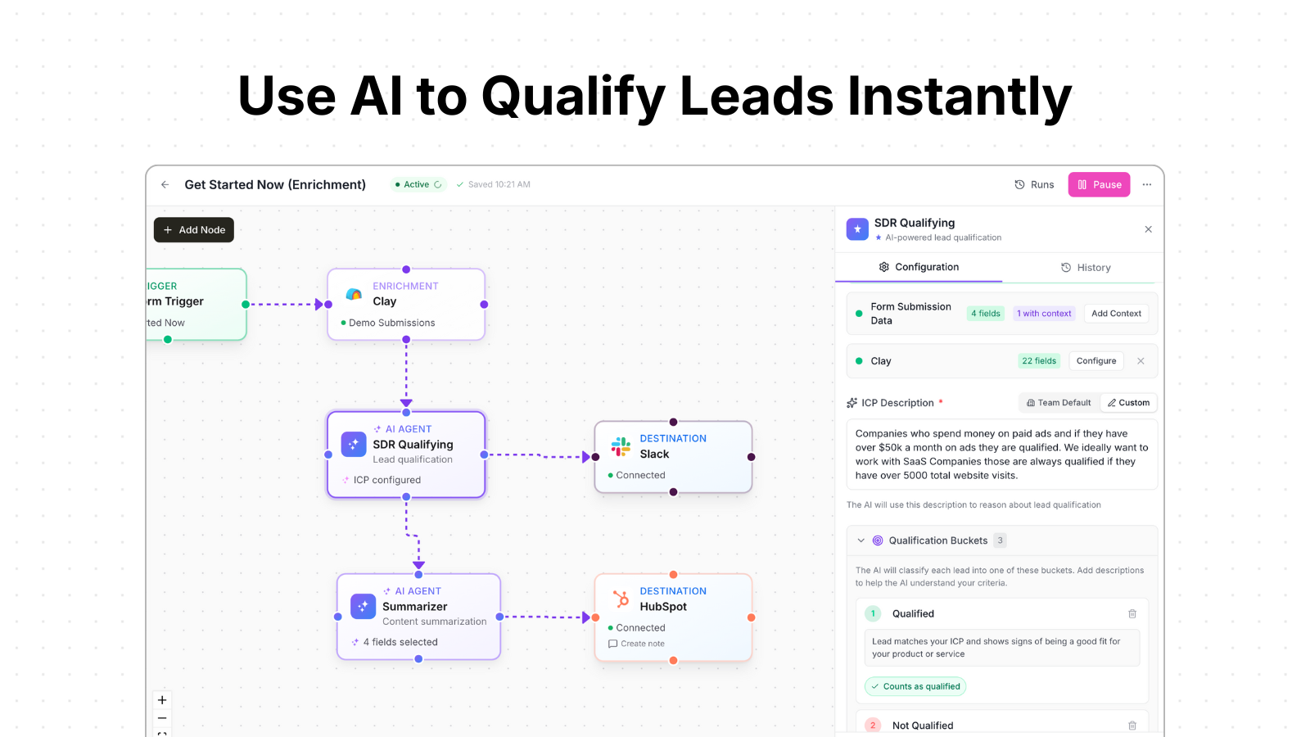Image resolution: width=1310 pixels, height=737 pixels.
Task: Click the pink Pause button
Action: [1099, 185]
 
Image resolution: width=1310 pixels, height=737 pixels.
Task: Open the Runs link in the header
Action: [1034, 185]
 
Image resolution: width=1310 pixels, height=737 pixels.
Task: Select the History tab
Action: [1086, 268]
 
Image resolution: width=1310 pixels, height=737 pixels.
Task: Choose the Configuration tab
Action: [919, 267]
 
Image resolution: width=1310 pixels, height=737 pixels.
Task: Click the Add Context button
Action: [1116, 314]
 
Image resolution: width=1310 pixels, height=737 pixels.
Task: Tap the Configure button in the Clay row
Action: [1096, 361]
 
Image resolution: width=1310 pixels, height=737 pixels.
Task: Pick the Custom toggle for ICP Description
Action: [1128, 403]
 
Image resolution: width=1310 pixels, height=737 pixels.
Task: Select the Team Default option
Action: [1059, 403]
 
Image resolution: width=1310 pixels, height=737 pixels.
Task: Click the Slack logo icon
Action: [621, 446]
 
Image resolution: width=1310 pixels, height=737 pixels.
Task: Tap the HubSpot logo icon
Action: [621, 599]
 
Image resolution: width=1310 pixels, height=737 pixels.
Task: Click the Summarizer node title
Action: [414, 607]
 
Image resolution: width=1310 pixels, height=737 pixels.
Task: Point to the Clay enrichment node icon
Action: [354, 294]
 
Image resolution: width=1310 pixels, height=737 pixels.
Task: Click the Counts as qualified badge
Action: [915, 687]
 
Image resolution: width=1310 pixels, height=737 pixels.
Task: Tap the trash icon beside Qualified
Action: [1132, 614]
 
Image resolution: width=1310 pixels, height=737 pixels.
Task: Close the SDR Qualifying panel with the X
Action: [1148, 229]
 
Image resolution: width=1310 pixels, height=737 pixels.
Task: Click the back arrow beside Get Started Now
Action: [165, 185]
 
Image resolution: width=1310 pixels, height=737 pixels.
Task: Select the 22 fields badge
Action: [1039, 361]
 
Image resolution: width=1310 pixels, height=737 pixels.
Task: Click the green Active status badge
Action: [418, 185]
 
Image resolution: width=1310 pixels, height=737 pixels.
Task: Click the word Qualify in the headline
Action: [573, 97]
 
